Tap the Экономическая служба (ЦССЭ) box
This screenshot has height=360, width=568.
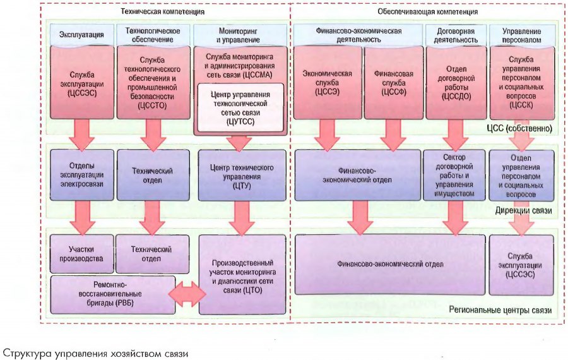327,83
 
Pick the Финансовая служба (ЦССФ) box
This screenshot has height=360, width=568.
394,83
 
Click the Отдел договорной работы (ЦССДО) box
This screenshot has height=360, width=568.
454,83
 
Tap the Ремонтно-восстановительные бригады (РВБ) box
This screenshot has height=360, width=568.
114,294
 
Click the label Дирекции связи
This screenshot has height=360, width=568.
524,210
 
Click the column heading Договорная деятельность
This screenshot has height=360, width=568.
454,34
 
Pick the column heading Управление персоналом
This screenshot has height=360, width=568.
521,34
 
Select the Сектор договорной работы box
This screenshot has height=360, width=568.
454,175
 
